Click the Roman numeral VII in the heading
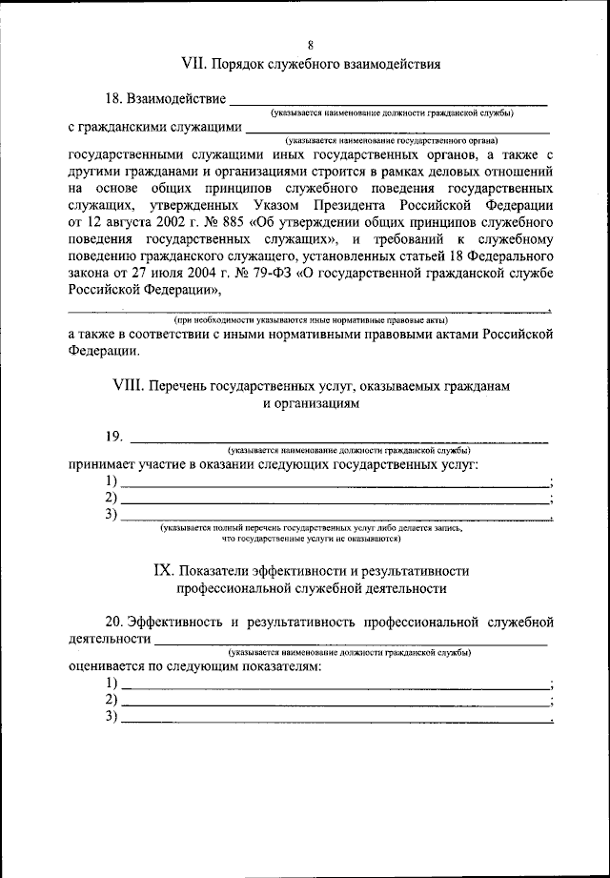click(x=194, y=64)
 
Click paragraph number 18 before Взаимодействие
click(x=114, y=98)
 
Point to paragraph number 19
click(x=114, y=437)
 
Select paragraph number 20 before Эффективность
click(x=114, y=622)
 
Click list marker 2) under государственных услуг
click(x=112, y=498)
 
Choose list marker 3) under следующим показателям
click(x=112, y=717)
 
